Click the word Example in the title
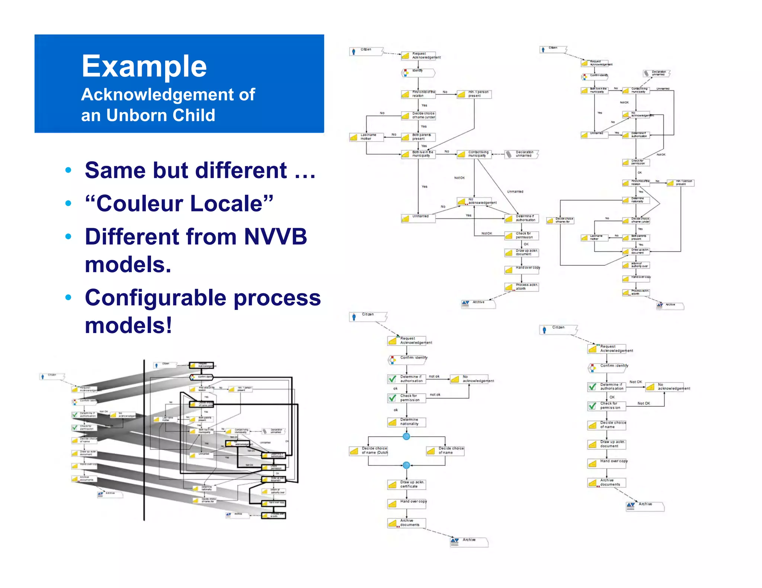pyautogui.click(x=144, y=66)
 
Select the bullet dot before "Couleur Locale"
pyautogui.click(x=68, y=203)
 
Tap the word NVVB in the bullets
pyautogui.click(x=275, y=237)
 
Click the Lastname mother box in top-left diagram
pyautogui.click(x=366, y=137)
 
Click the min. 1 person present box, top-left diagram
pyautogui.click(x=474, y=94)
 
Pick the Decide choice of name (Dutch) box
pyautogui.click(x=369, y=450)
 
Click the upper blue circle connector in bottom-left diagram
pyautogui.click(x=406, y=436)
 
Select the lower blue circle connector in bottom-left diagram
pyautogui.click(x=406, y=465)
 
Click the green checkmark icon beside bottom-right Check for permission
pyautogui.click(x=592, y=406)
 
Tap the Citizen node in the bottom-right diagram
pyautogui.click(x=558, y=329)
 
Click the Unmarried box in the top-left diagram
pyautogui.click(x=418, y=218)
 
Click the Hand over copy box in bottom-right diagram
pyautogui.click(x=607, y=463)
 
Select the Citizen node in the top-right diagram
pyautogui.click(x=553, y=49)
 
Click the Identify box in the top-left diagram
pyautogui.click(x=418, y=72)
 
